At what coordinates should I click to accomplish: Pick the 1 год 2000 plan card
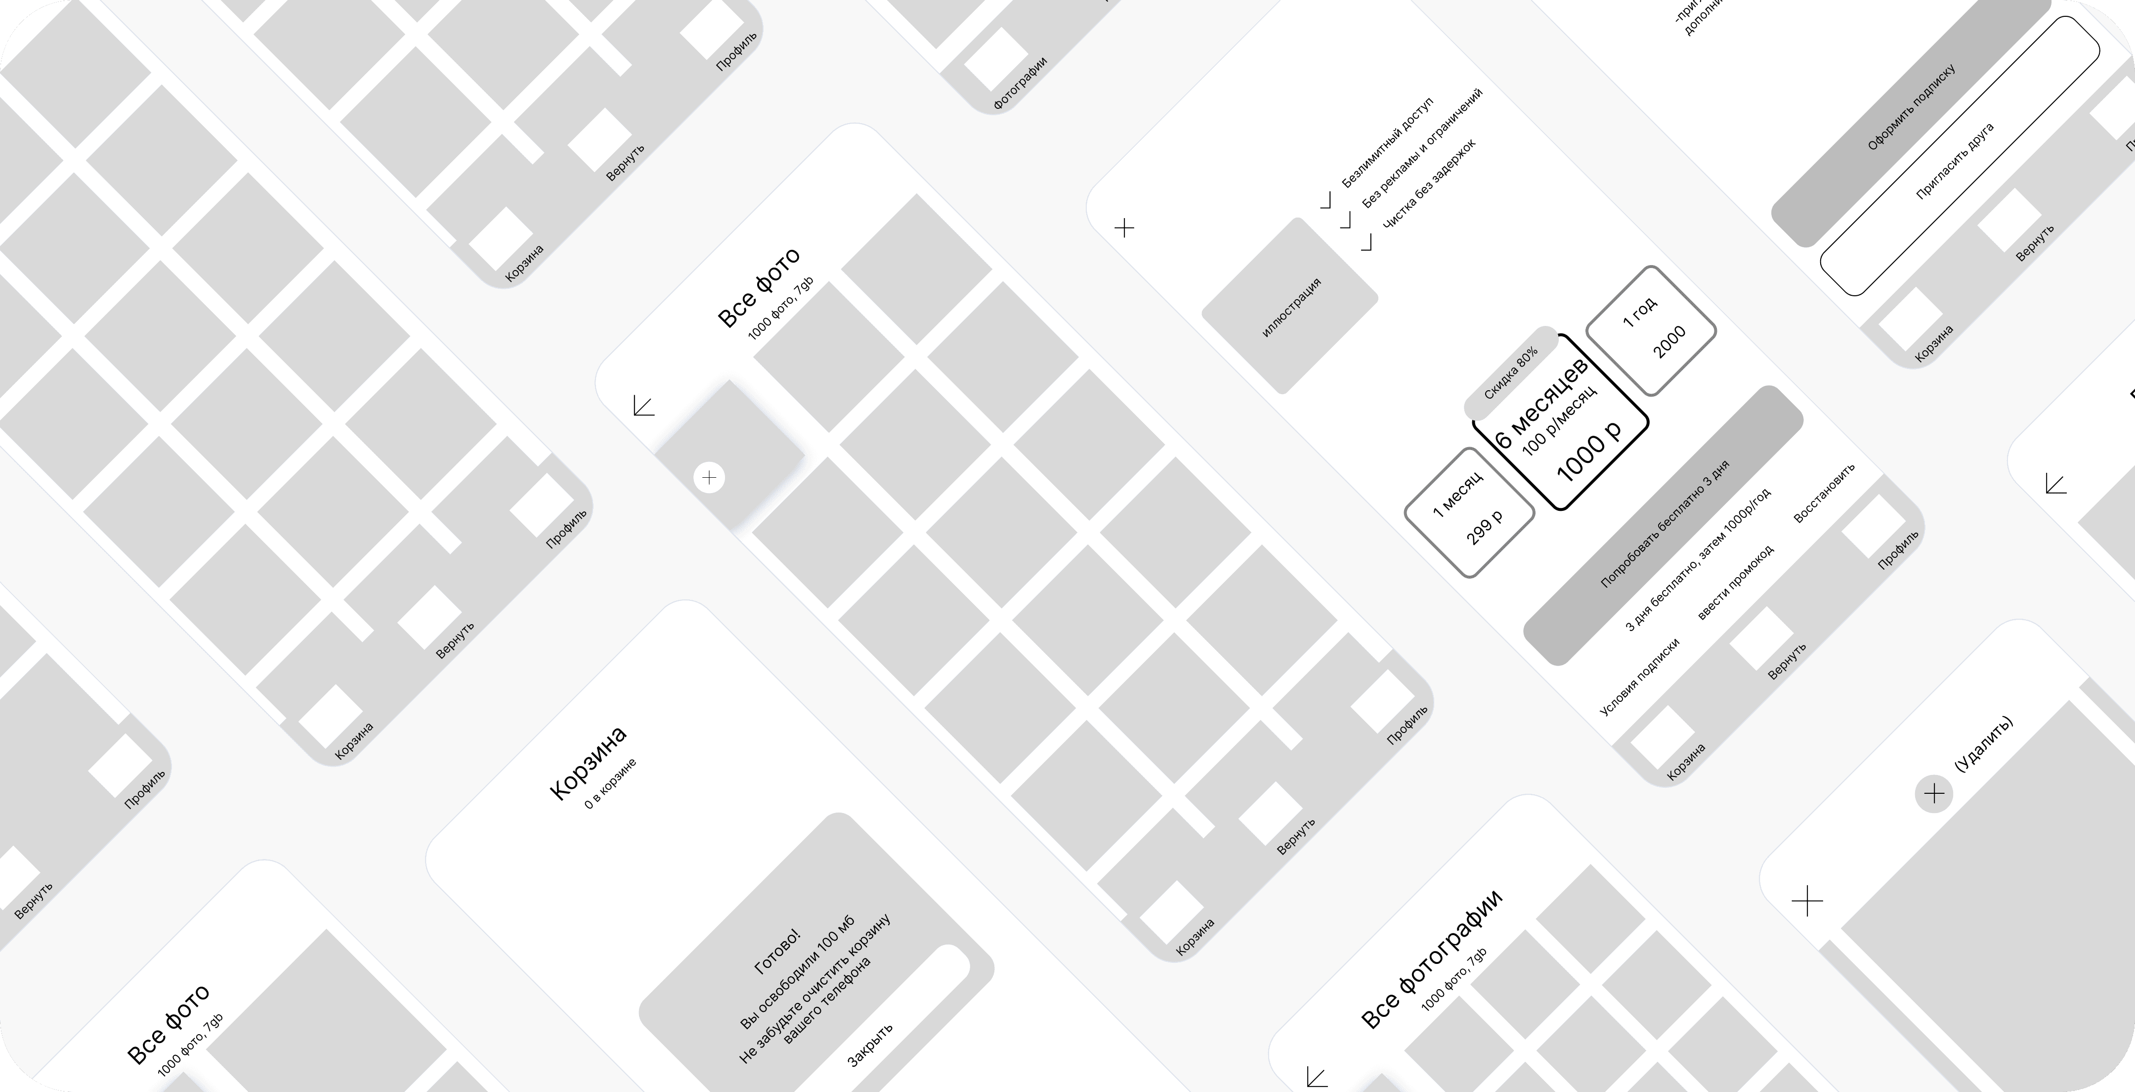(x=1651, y=330)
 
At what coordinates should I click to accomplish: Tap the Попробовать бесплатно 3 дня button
(x=1664, y=525)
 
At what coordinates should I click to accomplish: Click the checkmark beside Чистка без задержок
(x=1366, y=242)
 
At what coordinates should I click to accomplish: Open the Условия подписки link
(x=1638, y=676)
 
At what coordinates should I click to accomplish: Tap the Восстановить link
(x=1823, y=493)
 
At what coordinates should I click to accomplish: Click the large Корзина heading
(x=588, y=763)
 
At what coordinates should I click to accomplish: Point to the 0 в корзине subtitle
(x=610, y=783)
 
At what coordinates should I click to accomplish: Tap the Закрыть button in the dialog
(x=870, y=1045)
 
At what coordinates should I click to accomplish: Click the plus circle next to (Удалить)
(x=1933, y=793)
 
